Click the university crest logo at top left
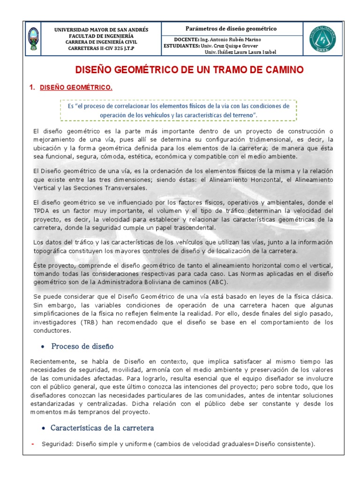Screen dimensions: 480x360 point(32,39)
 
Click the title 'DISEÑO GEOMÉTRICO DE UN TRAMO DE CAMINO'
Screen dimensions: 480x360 point(189,70)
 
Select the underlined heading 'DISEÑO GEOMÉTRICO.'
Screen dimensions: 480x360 point(76,88)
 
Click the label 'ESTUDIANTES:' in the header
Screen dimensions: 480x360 point(181,46)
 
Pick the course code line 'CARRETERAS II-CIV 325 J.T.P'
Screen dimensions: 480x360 point(101,48)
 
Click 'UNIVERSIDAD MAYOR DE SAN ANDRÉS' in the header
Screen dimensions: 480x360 point(101,30)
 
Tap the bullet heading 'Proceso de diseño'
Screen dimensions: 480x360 point(82,346)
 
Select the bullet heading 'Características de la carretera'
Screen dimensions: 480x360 point(102,428)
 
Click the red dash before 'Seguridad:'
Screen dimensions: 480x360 point(33,444)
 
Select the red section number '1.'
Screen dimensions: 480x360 point(32,88)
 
